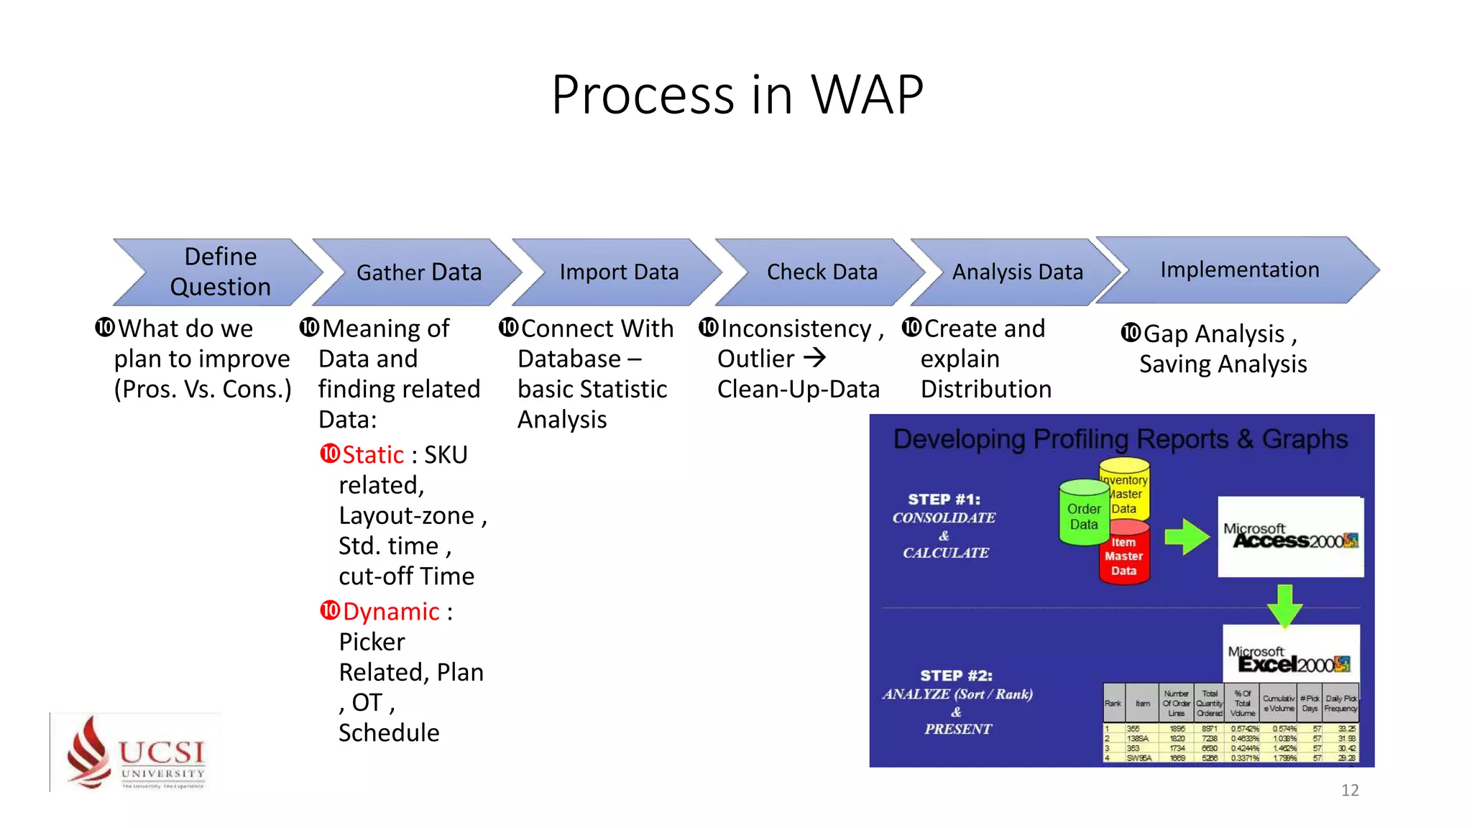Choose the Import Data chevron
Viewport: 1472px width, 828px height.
click(618, 272)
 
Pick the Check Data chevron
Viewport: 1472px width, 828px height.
click(822, 272)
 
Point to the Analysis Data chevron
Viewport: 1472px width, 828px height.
click(1016, 272)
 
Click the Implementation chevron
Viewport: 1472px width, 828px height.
click(1238, 270)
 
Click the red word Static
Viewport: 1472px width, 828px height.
click(372, 455)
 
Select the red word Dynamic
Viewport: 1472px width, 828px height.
click(390, 612)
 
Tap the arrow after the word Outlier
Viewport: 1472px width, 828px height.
click(814, 357)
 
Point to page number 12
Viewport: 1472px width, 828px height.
click(1349, 790)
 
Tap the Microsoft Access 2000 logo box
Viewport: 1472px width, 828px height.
click(1290, 536)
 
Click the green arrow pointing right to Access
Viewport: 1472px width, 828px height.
click(1186, 536)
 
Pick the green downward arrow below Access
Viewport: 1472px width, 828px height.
click(1284, 605)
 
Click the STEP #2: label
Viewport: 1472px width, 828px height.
click(956, 676)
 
